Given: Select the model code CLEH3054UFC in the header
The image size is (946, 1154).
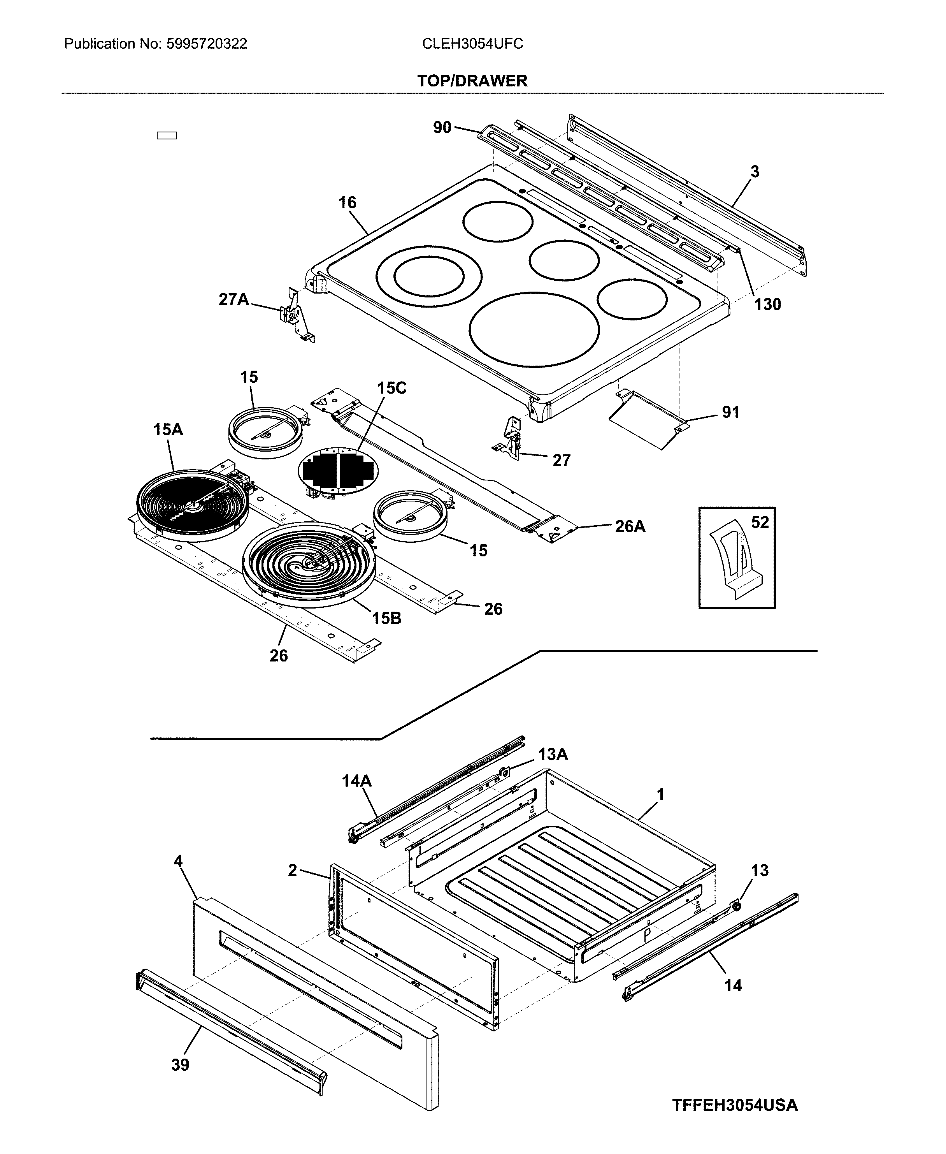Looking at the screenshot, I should (x=472, y=44).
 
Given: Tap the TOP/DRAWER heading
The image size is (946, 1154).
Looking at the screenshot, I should (x=472, y=81).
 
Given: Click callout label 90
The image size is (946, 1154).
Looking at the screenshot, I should (x=442, y=128).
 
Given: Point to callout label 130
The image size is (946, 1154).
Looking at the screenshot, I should (x=767, y=304).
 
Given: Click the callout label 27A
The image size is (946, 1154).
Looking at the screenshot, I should (x=233, y=299).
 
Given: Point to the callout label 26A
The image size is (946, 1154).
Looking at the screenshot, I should (x=630, y=526).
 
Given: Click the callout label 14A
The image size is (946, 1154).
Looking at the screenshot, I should (x=356, y=781).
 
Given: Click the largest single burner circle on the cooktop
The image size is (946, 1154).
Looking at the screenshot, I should (x=534, y=329).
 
